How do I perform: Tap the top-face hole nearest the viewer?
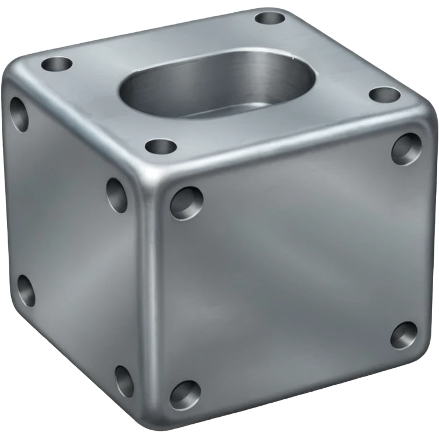point(161,145)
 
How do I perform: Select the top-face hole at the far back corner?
point(270,17)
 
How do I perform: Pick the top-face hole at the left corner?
point(57,64)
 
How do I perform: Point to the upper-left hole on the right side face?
point(186,203)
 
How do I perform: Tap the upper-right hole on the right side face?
point(406,148)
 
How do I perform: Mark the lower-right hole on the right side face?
point(403,335)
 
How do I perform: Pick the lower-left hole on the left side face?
point(26,290)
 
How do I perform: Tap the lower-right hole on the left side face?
point(124,381)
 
